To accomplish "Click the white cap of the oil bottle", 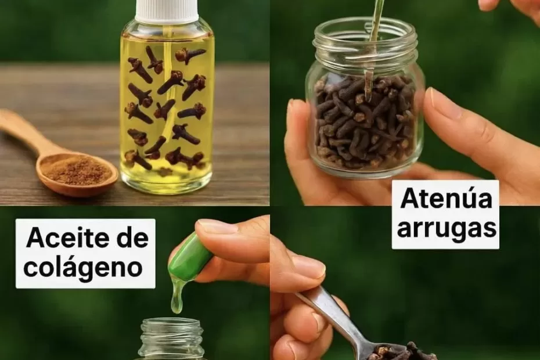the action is pyautogui.click(x=167, y=10).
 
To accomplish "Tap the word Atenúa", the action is pyautogui.click(x=446, y=199).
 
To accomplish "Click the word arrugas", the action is pyautogui.click(x=447, y=228).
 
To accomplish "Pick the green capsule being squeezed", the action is pyautogui.click(x=190, y=256).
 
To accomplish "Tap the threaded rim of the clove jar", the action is pyautogui.click(x=365, y=38).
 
